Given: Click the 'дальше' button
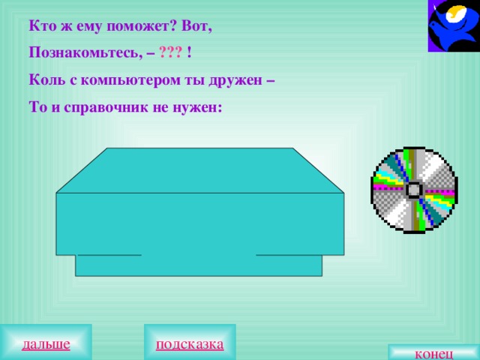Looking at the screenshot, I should [x=46, y=343].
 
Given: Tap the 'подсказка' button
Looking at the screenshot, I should [x=190, y=343].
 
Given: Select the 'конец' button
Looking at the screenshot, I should [x=433, y=353].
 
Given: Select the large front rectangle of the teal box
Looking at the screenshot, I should [x=200, y=223].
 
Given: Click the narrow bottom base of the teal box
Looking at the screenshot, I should [x=199, y=266].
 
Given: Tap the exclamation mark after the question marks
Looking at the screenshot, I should [x=190, y=52].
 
